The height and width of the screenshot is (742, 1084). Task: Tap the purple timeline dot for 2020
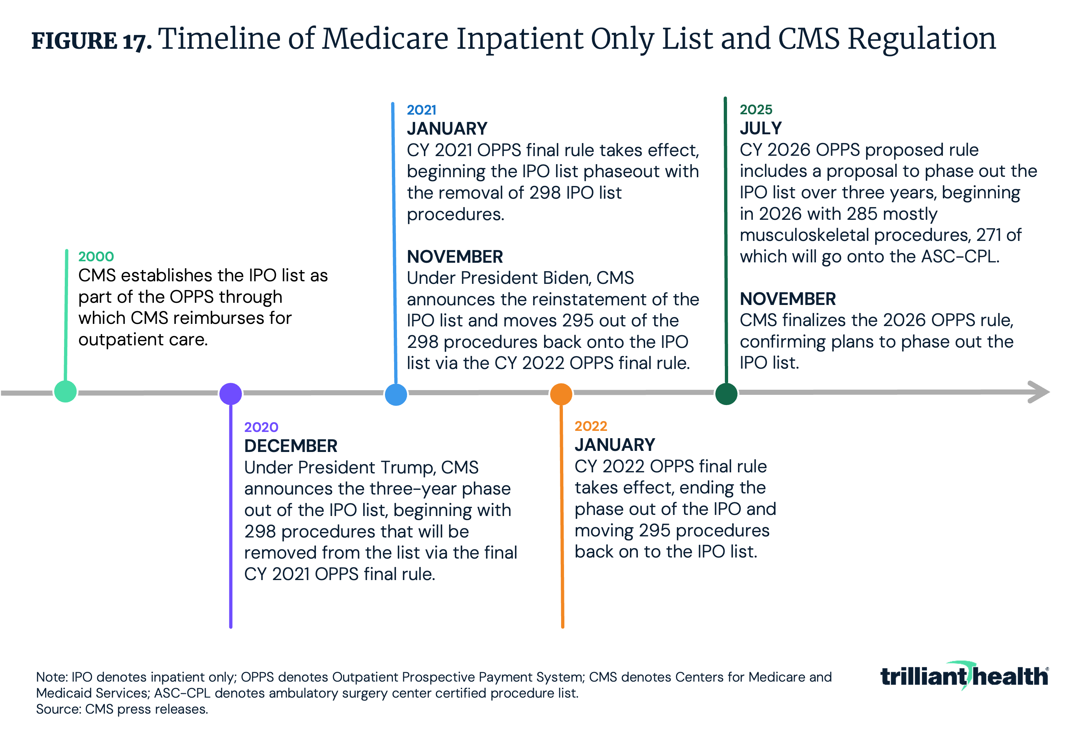[230, 394]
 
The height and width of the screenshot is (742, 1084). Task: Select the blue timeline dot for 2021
[396, 394]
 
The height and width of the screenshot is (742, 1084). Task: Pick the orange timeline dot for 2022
[561, 394]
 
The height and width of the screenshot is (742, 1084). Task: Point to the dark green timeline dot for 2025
[726, 394]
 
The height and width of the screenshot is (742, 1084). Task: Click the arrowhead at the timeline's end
[1039, 392]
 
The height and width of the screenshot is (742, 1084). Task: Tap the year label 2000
[96, 257]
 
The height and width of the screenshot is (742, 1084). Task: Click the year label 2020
[261, 427]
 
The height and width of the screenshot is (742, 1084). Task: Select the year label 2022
[591, 426]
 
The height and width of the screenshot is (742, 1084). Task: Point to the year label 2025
[756, 110]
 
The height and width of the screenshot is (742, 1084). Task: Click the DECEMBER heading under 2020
[291, 446]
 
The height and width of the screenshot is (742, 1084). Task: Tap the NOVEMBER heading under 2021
[455, 257]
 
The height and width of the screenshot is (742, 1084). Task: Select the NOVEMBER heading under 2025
[787, 299]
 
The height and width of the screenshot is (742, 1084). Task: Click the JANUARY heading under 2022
[614, 445]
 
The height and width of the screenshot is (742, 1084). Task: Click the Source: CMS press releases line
[122, 709]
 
